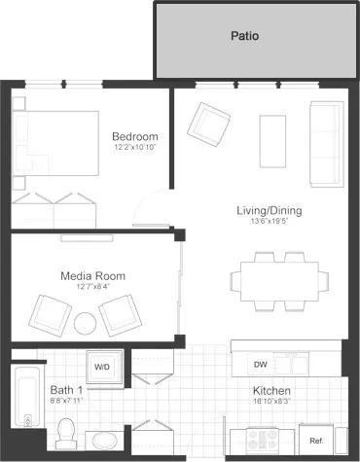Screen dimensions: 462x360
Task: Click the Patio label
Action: (x=244, y=37)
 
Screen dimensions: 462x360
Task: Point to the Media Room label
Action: (x=92, y=275)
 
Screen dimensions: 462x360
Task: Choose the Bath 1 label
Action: (x=67, y=389)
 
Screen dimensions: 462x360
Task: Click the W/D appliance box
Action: (x=102, y=367)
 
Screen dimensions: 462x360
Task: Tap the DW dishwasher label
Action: (x=260, y=365)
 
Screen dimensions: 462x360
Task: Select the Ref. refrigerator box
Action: (x=316, y=427)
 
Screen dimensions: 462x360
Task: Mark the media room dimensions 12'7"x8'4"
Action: (x=92, y=286)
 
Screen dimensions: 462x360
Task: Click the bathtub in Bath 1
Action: (x=24, y=400)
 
